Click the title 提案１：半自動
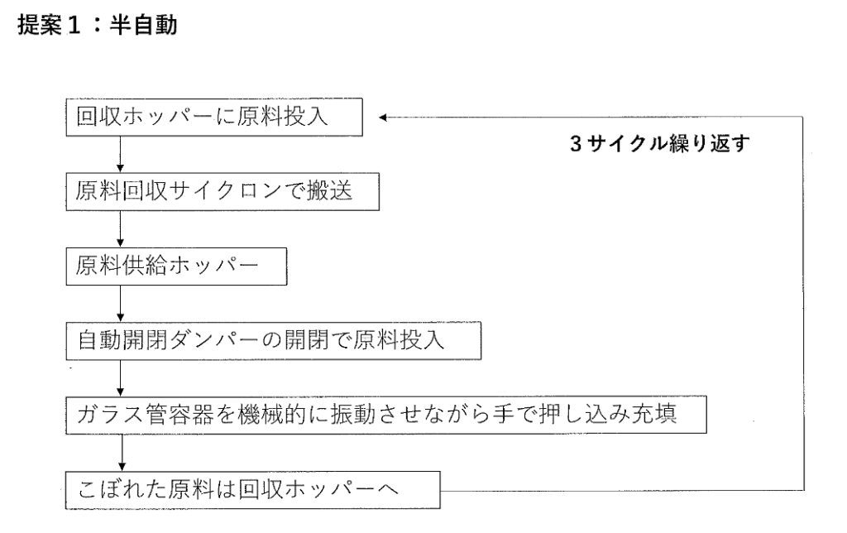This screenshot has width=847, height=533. coord(98,25)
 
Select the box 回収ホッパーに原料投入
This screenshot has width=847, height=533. coord(214,117)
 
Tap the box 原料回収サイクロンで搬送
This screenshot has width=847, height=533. coord(223,191)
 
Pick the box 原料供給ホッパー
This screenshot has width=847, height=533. coord(176,266)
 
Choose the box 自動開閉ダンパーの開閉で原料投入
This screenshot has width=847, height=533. coord(273,340)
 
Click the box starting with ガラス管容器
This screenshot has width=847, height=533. coord(386,415)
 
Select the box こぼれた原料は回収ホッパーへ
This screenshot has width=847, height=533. coord(253,490)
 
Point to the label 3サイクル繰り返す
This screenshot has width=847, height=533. coord(659,143)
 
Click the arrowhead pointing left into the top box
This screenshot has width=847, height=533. coord(382,118)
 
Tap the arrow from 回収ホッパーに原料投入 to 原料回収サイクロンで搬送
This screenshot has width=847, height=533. coord(120,154)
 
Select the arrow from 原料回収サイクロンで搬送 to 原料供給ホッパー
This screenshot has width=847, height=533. coord(120,228)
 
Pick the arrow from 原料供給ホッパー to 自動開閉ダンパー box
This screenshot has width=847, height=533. coord(120,303)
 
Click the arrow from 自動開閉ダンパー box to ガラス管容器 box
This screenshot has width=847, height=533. coord(120,378)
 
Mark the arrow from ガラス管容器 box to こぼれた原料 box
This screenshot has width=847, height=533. coord(122,453)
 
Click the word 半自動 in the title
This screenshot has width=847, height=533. coord(144,25)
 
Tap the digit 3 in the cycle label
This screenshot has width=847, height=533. coord(576,143)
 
